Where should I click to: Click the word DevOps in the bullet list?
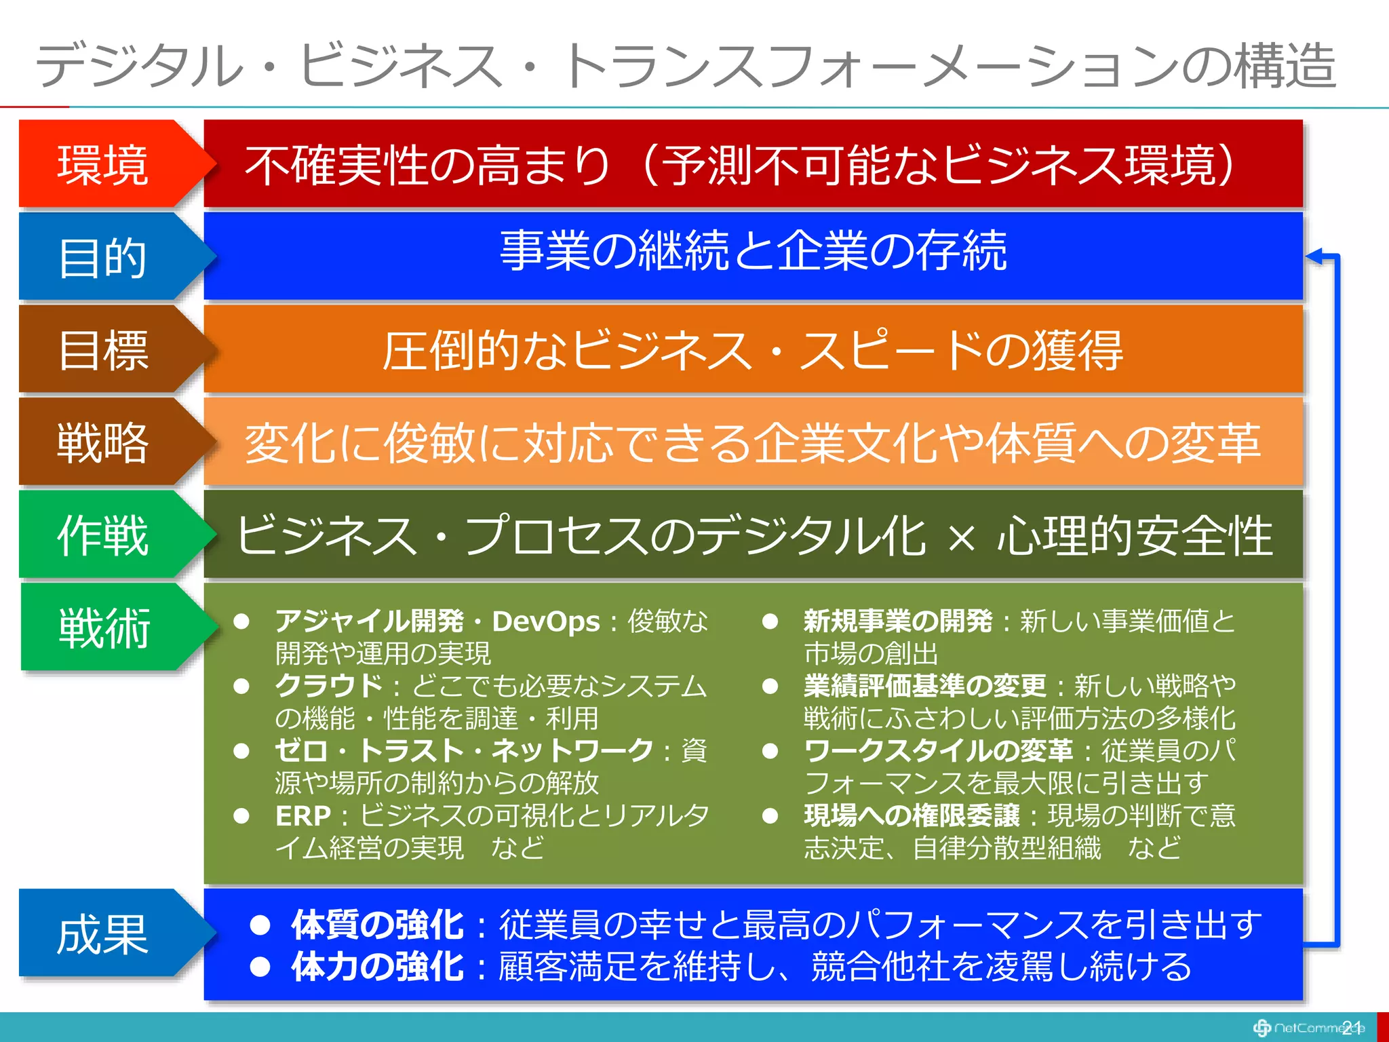pyautogui.click(x=546, y=621)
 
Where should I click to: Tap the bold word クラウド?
pyautogui.click(x=329, y=686)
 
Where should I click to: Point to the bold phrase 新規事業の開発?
pyautogui.click(x=897, y=621)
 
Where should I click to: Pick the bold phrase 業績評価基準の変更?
pyautogui.click(x=924, y=686)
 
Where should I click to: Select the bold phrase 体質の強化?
pyautogui.click(x=378, y=925)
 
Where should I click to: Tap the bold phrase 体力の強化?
pyautogui.click(x=378, y=967)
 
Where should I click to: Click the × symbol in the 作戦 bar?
pyautogui.click(x=962, y=538)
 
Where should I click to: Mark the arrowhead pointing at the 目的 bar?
pyautogui.click(x=1314, y=256)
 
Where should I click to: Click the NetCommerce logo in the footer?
pyautogui.click(x=1306, y=1028)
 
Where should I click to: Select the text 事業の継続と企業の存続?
pyautogui.click(x=753, y=251)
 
